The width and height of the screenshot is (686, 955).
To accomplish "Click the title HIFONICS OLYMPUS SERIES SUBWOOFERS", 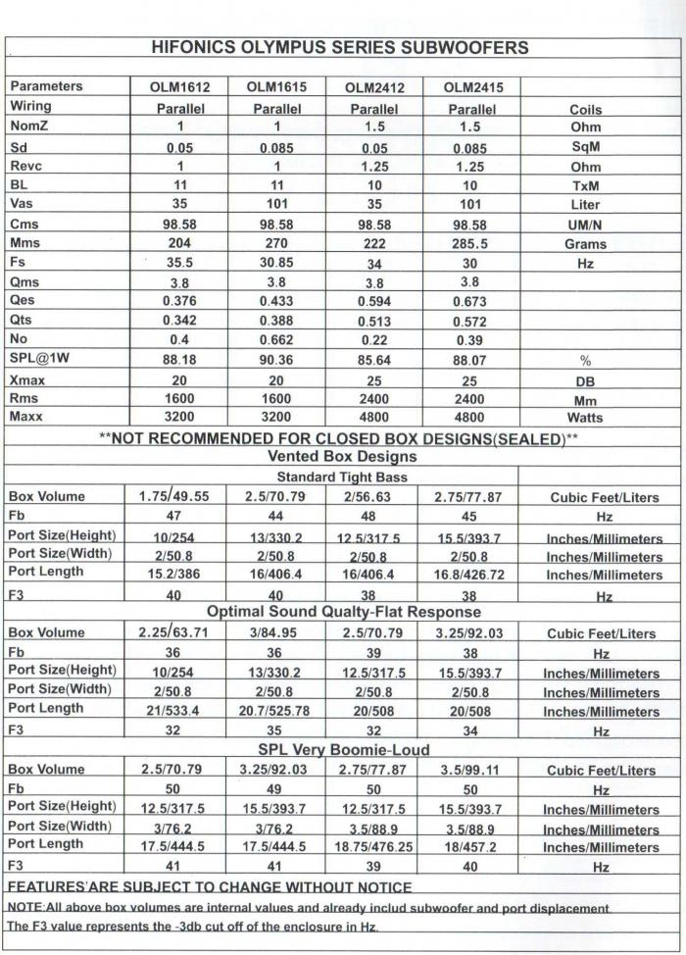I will point(341,47).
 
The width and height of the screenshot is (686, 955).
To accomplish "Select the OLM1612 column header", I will point(179,87).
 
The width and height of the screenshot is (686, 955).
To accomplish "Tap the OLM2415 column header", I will point(472,87).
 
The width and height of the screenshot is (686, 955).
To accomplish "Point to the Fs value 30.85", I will point(277,264).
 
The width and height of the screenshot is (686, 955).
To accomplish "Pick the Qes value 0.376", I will point(179,302).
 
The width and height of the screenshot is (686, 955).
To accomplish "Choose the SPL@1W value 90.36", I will point(277,360).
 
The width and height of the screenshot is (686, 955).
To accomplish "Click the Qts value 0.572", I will point(472,322).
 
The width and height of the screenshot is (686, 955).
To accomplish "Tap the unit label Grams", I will point(585,244).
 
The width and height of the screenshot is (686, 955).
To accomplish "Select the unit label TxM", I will point(585,186).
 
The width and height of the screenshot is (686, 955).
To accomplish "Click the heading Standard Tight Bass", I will point(340,477).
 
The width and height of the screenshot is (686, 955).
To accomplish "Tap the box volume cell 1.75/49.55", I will point(179,497).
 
